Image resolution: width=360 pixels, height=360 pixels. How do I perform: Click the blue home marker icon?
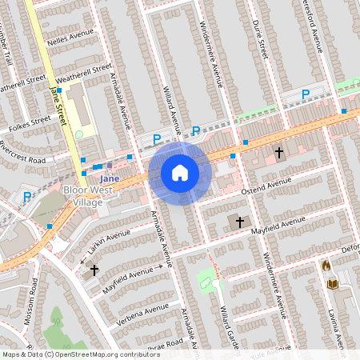tap(180, 173)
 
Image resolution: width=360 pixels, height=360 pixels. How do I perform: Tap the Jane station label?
tap(110, 178)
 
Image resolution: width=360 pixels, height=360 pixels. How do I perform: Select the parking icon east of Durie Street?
tap(306, 95)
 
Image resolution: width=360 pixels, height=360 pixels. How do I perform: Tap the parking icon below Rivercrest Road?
tap(27, 196)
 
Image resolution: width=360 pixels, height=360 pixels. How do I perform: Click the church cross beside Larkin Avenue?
tap(94, 270)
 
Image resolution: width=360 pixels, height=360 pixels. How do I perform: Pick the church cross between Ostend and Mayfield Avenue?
tap(238, 221)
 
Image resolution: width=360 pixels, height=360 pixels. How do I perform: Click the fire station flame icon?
tap(326, 266)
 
